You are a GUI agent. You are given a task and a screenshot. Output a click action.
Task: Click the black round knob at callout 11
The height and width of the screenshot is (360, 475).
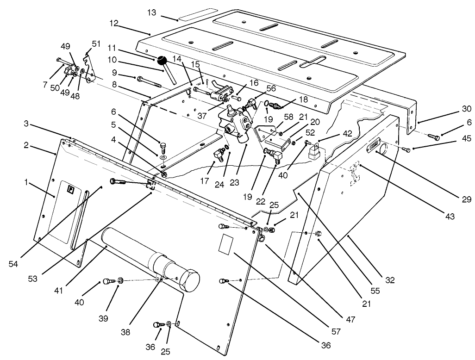162,60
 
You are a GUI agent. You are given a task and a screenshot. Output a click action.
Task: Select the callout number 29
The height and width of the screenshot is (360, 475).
466,199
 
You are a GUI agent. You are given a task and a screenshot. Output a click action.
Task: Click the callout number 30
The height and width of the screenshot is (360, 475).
466,109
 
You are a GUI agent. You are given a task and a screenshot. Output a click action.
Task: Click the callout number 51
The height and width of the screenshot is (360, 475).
96,44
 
